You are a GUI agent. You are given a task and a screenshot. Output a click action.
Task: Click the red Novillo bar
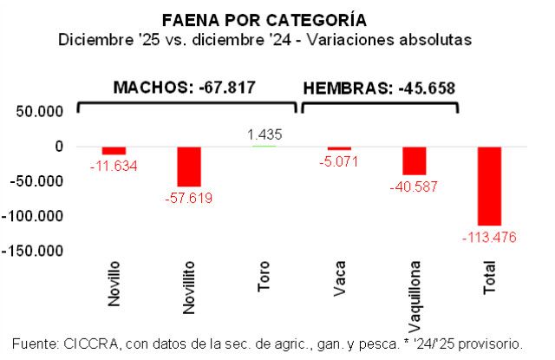pos(114,150)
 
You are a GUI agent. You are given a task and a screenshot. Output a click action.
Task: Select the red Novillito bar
pos(189,167)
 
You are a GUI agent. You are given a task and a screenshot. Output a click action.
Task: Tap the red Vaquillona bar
pos(414,160)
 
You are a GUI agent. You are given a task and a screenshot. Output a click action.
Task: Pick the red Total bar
pos(489,186)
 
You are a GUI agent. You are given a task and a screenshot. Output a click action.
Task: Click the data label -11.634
pos(114,165)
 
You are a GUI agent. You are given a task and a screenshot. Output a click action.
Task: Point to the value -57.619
pos(189,198)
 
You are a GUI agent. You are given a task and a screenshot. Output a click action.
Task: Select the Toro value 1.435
pos(264,134)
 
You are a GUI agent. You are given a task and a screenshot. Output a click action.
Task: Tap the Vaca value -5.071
pos(339,160)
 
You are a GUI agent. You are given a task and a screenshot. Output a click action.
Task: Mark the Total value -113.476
pos(489,237)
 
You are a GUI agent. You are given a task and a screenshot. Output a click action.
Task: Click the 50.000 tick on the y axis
pos(40,112)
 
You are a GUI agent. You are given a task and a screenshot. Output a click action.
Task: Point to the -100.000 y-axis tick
pos(35,216)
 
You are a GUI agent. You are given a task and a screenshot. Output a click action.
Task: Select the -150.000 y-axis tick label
pos(35,251)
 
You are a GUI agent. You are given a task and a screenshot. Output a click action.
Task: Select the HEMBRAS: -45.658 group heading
pos(378,88)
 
